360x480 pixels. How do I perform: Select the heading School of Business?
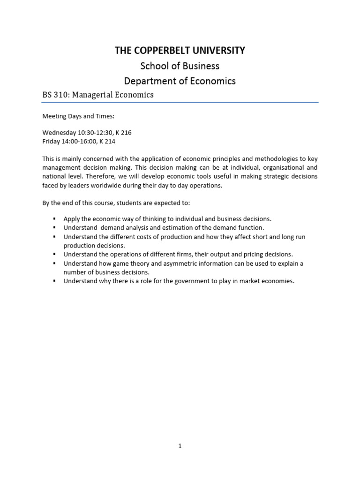[x=180, y=66]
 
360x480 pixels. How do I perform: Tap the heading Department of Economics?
[x=180, y=81]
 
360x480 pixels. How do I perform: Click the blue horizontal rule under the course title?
[x=180, y=102]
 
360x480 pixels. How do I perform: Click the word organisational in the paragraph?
[x=272, y=167]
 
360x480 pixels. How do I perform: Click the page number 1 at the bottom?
[x=180, y=446]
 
